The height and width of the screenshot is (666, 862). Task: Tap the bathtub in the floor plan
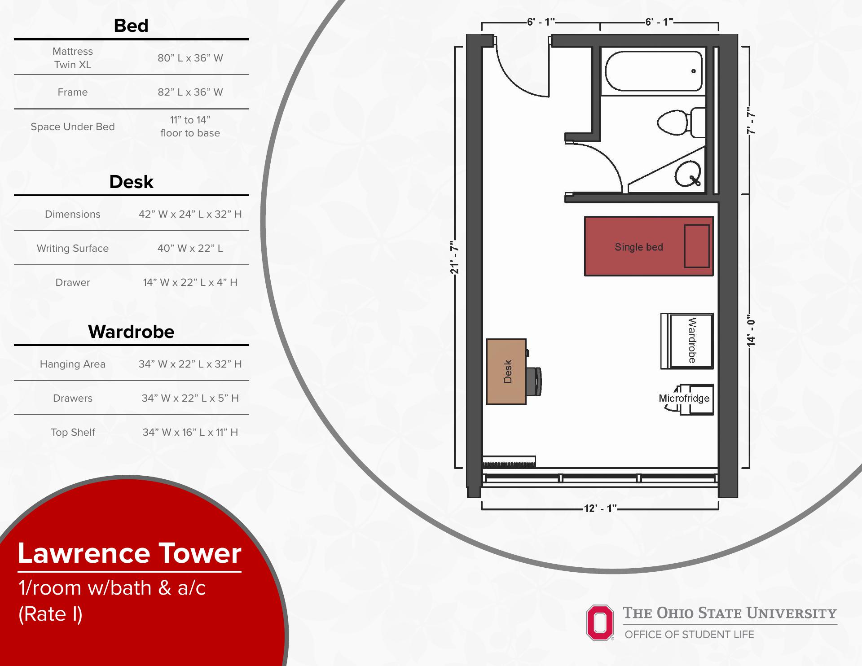(653, 71)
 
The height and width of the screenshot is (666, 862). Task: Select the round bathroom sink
(687, 174)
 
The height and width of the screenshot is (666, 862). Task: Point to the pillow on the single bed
(697, 246)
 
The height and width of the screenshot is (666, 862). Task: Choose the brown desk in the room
(506, 372)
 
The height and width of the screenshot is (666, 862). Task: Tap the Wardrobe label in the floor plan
(692, 341)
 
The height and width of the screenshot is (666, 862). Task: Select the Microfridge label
(684, 398)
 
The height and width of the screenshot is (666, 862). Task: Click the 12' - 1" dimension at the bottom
(600, 508)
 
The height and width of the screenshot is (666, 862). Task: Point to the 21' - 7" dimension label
(455, 257)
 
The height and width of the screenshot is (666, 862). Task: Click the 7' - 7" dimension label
(751, 120)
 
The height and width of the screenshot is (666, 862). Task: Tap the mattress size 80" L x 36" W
(190, 58)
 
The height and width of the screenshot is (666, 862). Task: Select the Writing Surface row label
(73, 248)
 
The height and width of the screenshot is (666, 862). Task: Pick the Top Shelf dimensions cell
(190, 432)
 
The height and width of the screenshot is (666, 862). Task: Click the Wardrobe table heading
(131, 332)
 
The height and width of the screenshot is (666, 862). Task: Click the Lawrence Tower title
(129, 553)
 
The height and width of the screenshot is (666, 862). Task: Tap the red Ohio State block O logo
(600, 622)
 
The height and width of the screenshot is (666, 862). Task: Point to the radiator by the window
(509, 462)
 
